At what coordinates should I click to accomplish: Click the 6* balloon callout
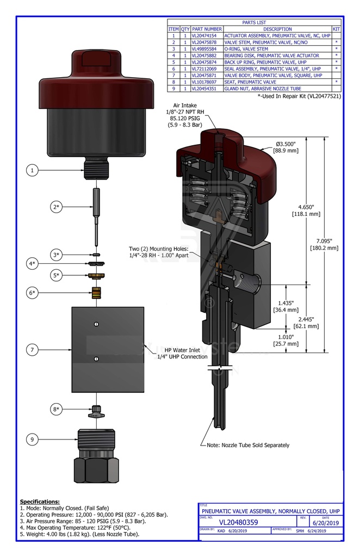tap(33, 293)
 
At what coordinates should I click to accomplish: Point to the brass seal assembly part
tap(97, 292)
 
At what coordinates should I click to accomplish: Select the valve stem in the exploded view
tap(96, 214)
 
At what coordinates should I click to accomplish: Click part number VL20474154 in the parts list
tap(207, 35)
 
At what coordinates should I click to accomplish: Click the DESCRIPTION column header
tap(277, 29)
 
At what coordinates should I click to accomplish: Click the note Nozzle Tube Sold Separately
tap(248, 445)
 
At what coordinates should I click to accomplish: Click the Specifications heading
tap(40, 501)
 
